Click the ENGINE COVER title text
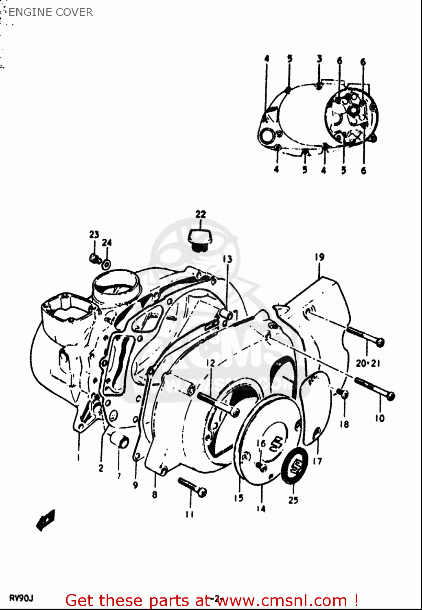tap(50, 12)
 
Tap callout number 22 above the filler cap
tap(201, 214)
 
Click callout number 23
tap(94, 234)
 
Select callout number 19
tap(319, 257)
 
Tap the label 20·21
tap(368, 363)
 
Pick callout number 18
tap(344, 424)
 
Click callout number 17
tap(317, 461)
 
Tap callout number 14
tap(261, 508)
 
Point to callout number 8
tap(155, 495)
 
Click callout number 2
tap(101, 468)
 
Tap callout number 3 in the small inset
tap(319, 59)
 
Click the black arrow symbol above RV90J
tap(46, 520)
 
